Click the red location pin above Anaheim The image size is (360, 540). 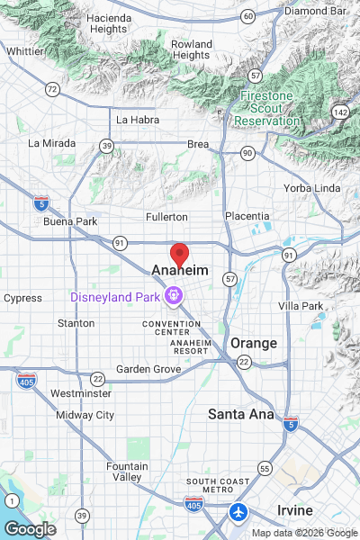click(x=179, y=255)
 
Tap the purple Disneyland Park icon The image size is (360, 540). click(x=174, y=294)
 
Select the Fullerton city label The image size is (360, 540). click(x=166, y=217)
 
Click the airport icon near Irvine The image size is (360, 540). click(x=238, y=512)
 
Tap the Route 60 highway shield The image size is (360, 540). click(x=247, y=16)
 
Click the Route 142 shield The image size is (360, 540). click(x=339, y=111)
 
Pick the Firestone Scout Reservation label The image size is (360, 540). click(x=269, y=107)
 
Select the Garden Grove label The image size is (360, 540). click(x=148, y=369)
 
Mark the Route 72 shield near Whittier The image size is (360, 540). click(x=52, y=88)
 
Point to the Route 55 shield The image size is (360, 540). click(x=265, y=468)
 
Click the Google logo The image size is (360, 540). click(x=29, y=529)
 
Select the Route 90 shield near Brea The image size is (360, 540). click(x=247, y=154)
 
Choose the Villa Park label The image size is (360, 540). click(x=301, y=307)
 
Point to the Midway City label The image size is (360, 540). click(x=85, y=415)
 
